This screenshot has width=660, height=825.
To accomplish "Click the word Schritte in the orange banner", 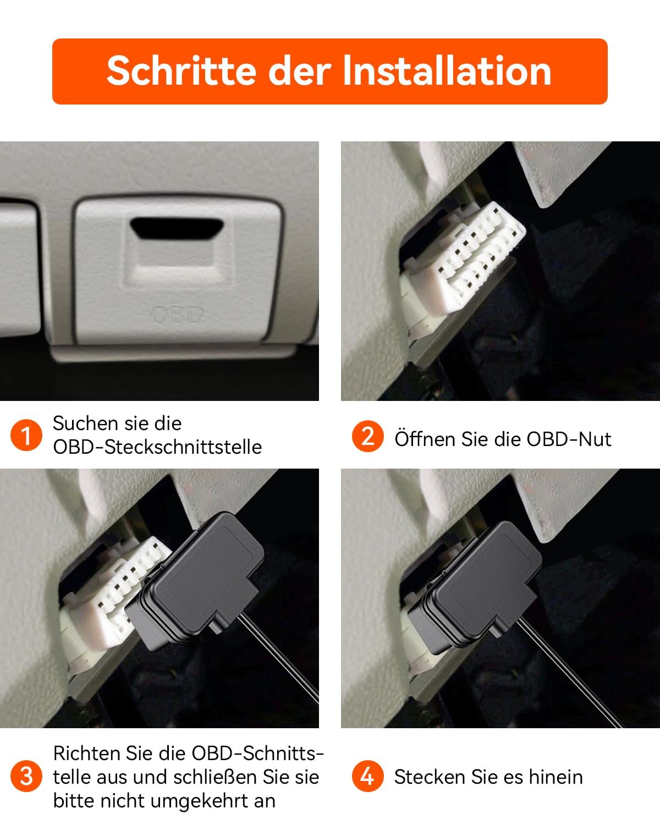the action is coord(182,71).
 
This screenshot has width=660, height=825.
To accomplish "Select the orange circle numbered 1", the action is coord(26,435).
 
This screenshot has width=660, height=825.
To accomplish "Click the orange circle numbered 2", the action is coord(368,436).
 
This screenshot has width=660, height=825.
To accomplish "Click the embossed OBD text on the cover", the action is coord(177,315).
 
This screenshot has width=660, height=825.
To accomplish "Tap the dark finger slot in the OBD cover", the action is coord(177,229).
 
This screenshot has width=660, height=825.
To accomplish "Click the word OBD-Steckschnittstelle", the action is coord(157,447).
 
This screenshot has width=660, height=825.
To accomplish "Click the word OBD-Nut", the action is coord(569,439).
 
